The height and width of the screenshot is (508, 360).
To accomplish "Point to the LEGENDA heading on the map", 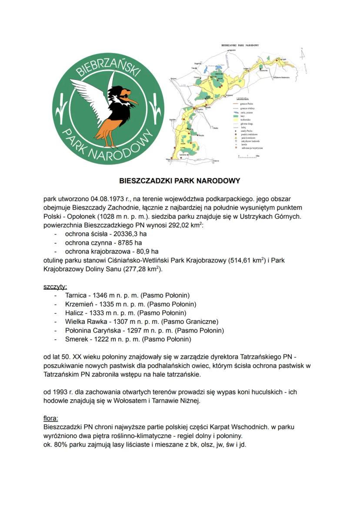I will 242,99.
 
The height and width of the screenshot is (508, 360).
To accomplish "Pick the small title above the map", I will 240,45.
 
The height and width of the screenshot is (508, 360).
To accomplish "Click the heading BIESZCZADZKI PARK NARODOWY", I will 180,180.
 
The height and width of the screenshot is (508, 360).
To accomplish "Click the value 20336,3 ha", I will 130,233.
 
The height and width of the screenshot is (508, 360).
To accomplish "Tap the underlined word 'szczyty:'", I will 55,287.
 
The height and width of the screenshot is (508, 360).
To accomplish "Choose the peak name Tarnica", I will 77,296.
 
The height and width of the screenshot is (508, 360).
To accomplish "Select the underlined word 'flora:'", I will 51,418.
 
